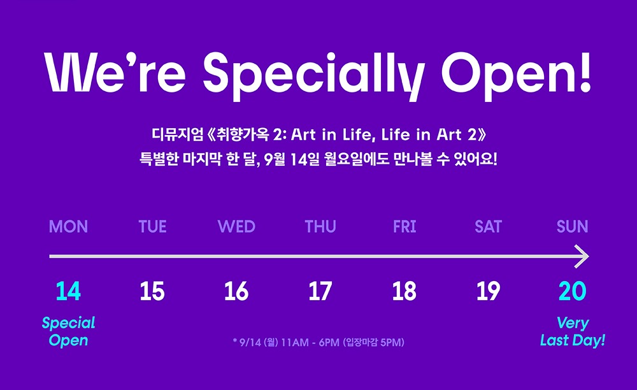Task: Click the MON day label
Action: tap(68, 227)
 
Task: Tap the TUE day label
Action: tap(152, 227)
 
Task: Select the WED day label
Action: tap(236, 227)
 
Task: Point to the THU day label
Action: tap(320, 227)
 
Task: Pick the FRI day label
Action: tap(404, 227)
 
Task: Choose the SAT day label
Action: tap(489, 227)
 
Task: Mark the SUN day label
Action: tap(573, 227)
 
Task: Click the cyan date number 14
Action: tap(68, 291)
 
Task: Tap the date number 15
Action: tap(152, 291)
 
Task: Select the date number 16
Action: tap(236, 291)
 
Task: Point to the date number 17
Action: tap(320, 291)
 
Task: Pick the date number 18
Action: tap(404, 291)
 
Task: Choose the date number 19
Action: tap(489, 291)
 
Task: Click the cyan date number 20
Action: tap(573, 291)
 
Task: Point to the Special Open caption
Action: tap(68, 331)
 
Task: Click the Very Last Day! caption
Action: tap(573, 331)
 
